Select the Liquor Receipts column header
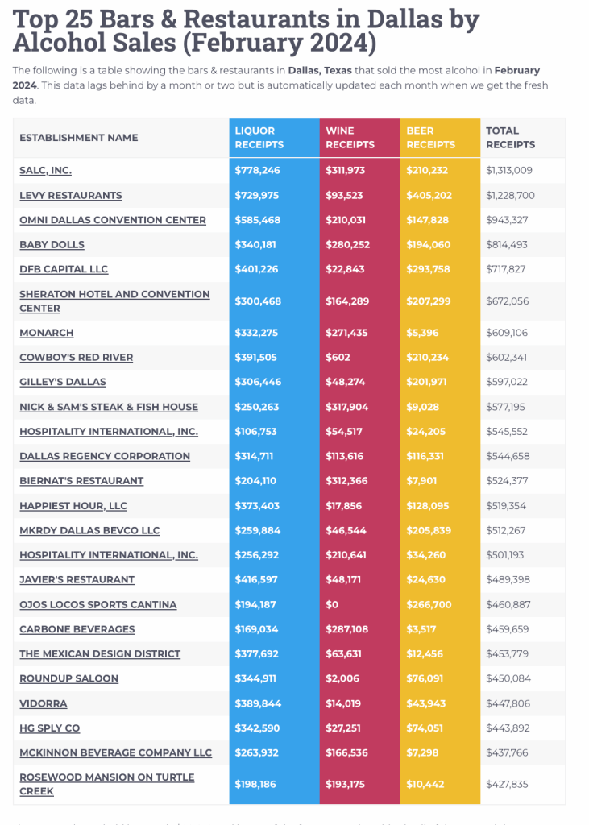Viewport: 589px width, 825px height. [x=259, y=138]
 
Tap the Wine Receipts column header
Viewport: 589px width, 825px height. [x=350, y=138]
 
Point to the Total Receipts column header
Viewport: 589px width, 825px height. [x=510, y=138]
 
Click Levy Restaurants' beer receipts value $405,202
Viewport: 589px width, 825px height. [x=428, y=196]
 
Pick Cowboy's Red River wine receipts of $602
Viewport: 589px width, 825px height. [x=336, y=358]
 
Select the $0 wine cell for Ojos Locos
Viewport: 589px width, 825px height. [x=331, y=605]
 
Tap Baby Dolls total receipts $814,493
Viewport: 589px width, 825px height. [x=510, y=245]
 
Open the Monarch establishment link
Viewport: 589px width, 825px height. [x=47, y=333]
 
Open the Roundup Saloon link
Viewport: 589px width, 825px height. [x=68, y=678]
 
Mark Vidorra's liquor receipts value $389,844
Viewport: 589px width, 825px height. [x=258, y=703]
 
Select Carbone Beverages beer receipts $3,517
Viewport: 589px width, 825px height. [x=423, y=629]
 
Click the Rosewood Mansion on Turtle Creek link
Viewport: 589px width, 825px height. [x=106, y=784]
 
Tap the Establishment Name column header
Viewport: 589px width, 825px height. [x=79, y=138]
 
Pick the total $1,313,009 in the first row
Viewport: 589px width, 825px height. [x=510, y=171]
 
